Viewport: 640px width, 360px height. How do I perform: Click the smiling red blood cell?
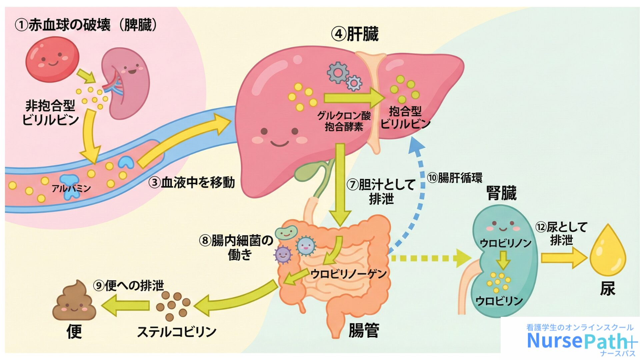52,59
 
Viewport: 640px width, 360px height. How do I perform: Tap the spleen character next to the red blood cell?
128,83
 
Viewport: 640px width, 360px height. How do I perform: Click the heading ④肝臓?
355,34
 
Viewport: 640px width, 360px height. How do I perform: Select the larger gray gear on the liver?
337,72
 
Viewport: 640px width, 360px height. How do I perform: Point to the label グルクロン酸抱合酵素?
344,121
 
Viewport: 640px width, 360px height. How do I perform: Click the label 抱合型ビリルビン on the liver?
405,117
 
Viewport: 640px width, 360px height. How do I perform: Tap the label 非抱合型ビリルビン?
50,113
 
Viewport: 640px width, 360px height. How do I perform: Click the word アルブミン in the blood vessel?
71,188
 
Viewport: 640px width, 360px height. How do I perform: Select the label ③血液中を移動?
192,182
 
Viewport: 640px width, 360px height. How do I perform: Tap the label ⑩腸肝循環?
455,178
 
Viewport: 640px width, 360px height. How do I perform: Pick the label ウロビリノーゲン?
348,274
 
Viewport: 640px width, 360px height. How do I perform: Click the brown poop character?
74,301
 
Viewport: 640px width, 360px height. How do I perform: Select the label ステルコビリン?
177,332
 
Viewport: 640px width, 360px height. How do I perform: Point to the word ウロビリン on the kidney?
499,301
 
